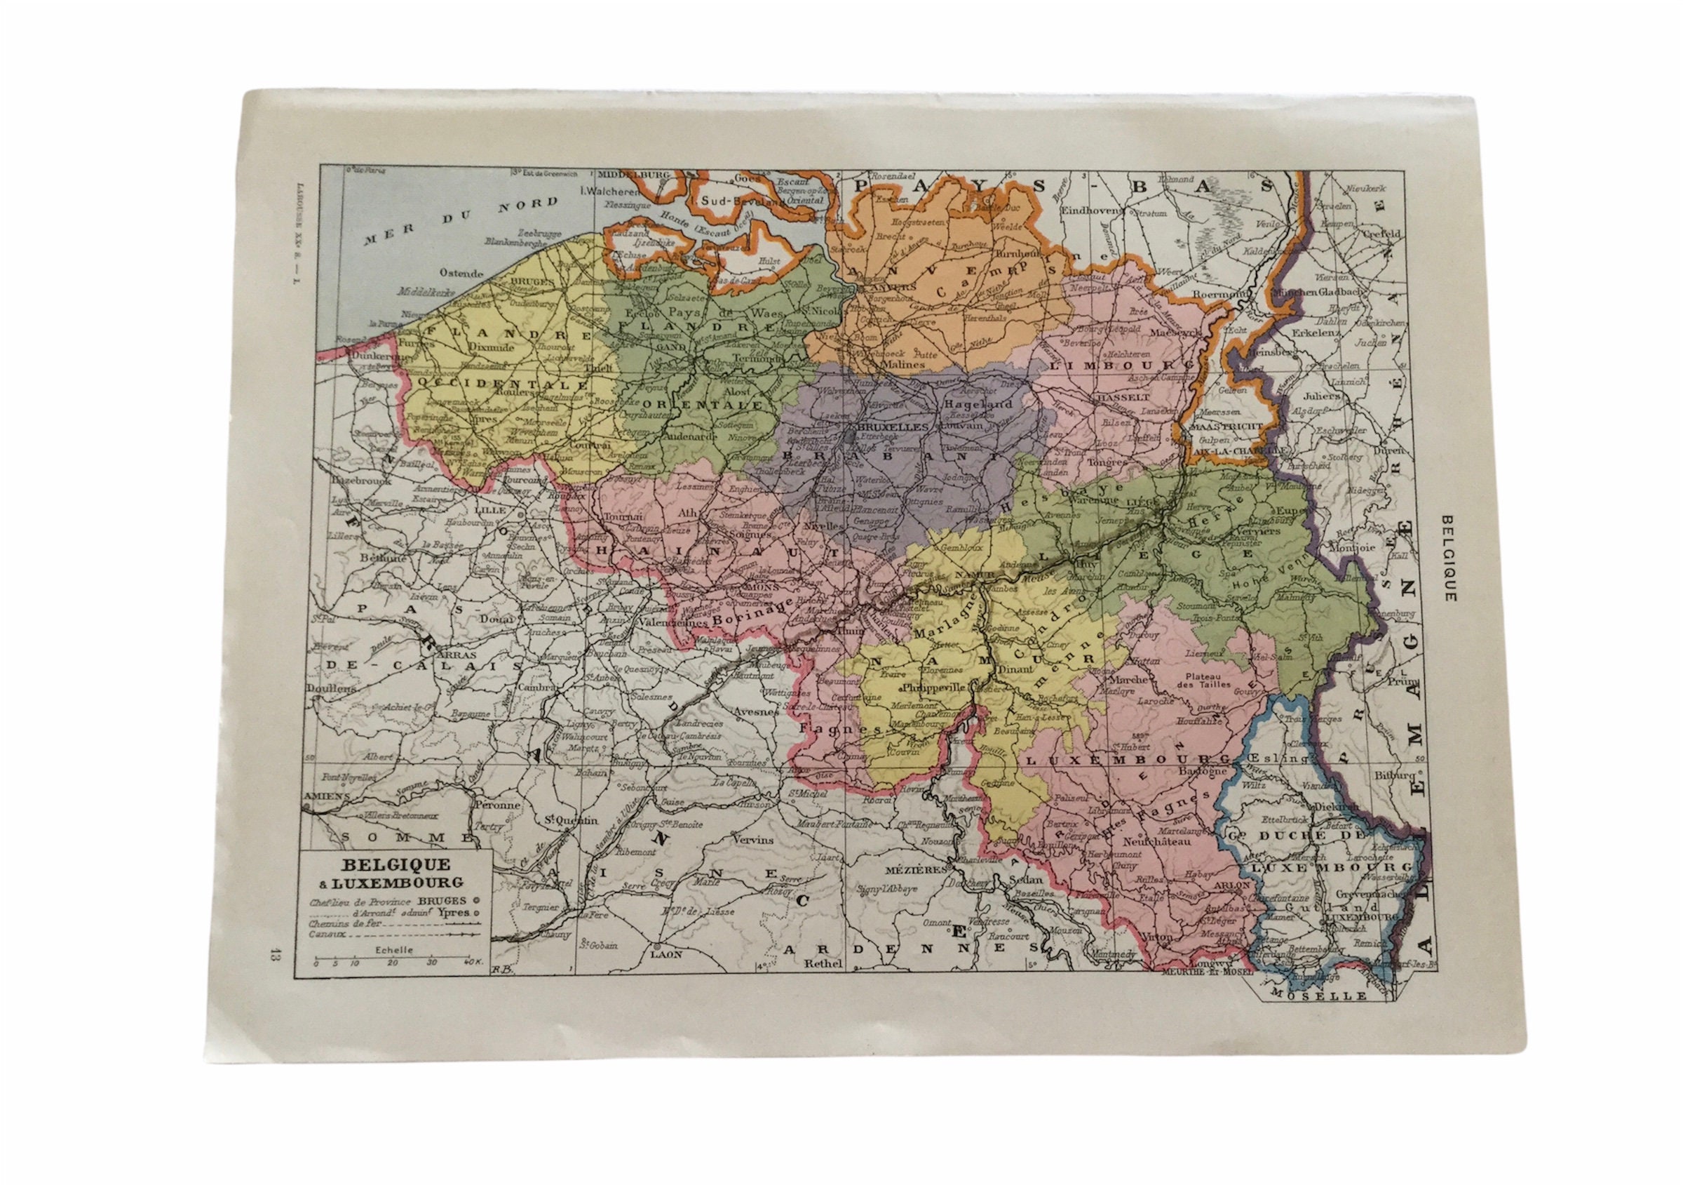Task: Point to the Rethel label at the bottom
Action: (820, 964)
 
